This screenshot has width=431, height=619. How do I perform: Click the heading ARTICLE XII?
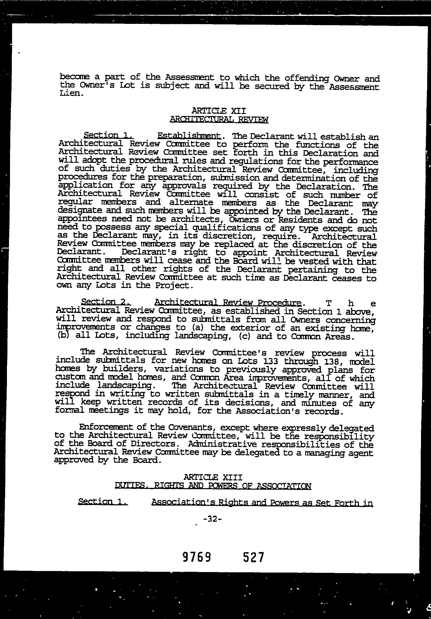(x=218, y=111)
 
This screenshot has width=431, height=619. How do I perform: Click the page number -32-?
(x=213, y=519)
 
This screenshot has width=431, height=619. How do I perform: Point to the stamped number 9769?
(x=196, y=557)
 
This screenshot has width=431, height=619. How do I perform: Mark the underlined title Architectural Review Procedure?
(x=228, y=303)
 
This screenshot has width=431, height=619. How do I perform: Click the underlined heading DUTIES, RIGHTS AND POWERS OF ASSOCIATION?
(x=213, y=486)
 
